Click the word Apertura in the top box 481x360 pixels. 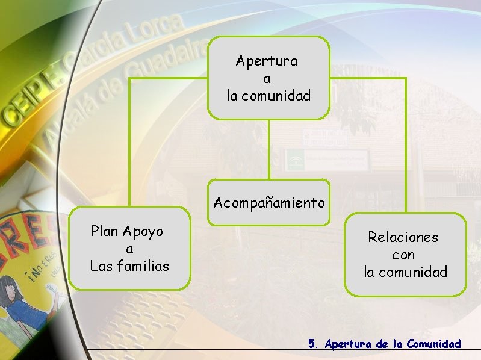point(267,61)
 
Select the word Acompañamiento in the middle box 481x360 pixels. point(269,203)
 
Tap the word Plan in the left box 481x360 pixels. point(104,231)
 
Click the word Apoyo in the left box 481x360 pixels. point(143,231)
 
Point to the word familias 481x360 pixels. point(141,265)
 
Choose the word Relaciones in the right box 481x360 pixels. point(403,237)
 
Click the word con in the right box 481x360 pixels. point(403,255)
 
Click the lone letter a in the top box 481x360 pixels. point(267,79)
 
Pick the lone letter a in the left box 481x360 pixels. point(129,249)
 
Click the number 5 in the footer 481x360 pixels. point(312,344)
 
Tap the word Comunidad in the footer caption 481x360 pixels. point(433,344)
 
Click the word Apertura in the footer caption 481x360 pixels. point(349,344)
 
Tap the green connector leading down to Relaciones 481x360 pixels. point(405,144)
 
